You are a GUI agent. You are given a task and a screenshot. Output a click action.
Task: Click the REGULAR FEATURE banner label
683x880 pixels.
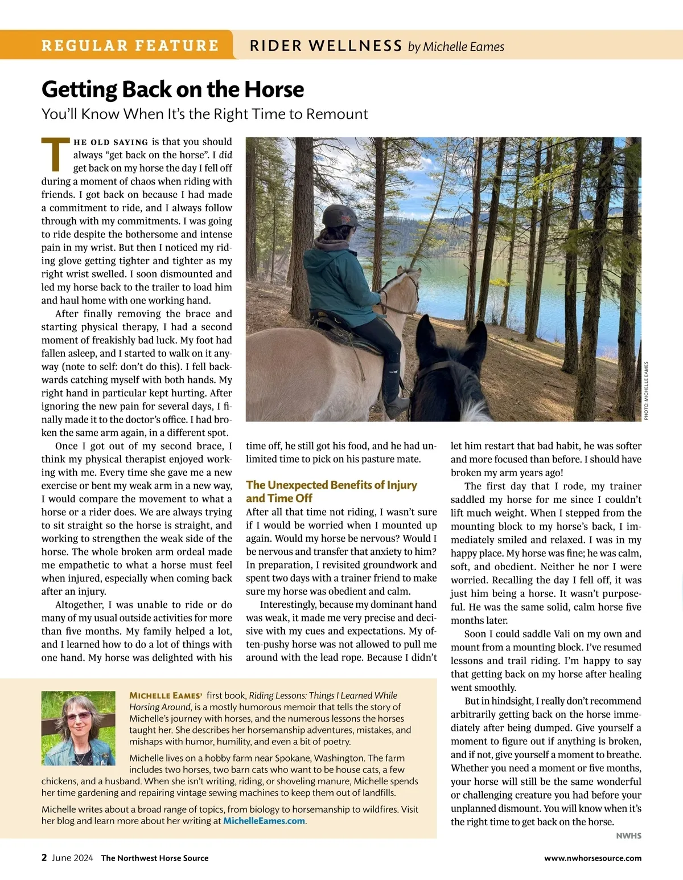(130, 46)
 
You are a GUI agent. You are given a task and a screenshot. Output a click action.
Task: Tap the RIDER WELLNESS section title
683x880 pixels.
(326, 46)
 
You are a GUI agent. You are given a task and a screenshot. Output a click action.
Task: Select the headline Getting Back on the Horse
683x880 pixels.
(172, 89)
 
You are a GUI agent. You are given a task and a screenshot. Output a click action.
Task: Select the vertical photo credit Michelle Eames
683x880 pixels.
(646, 391)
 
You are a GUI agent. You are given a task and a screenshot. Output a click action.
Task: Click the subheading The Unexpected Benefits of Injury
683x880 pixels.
(331, 485)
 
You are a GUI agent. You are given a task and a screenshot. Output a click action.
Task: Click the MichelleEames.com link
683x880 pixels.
(264, 821)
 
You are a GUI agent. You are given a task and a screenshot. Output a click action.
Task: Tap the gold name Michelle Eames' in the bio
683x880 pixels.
(166, 695)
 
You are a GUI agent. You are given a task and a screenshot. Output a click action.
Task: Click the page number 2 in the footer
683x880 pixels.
(44, 858)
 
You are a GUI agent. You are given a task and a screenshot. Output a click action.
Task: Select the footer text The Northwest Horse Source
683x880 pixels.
(155, 858)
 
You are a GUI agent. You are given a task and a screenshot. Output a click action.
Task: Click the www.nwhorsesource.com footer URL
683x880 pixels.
(593, 858)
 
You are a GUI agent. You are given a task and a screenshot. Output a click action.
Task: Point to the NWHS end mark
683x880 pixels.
(628, 836)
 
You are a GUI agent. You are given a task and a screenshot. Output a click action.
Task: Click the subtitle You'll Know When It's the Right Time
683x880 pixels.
(204, 114)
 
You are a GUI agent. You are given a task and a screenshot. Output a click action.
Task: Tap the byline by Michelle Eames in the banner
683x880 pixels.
(456, 47)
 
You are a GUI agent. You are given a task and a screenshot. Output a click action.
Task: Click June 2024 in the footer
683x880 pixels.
(72, 858)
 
